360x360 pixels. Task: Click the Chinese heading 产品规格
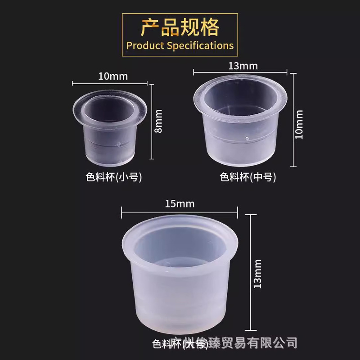click(x=180, y=27)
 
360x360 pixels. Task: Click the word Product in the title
click(x=146, y=45)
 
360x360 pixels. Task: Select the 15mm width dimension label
click(x=180, y=204)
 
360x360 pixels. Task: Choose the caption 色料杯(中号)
click(x=247, y=177)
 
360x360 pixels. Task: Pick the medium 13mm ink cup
click(x=240, y=121)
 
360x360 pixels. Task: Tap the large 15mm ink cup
click(x=180, y=279)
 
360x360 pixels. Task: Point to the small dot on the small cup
click(x=117, y=144)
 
